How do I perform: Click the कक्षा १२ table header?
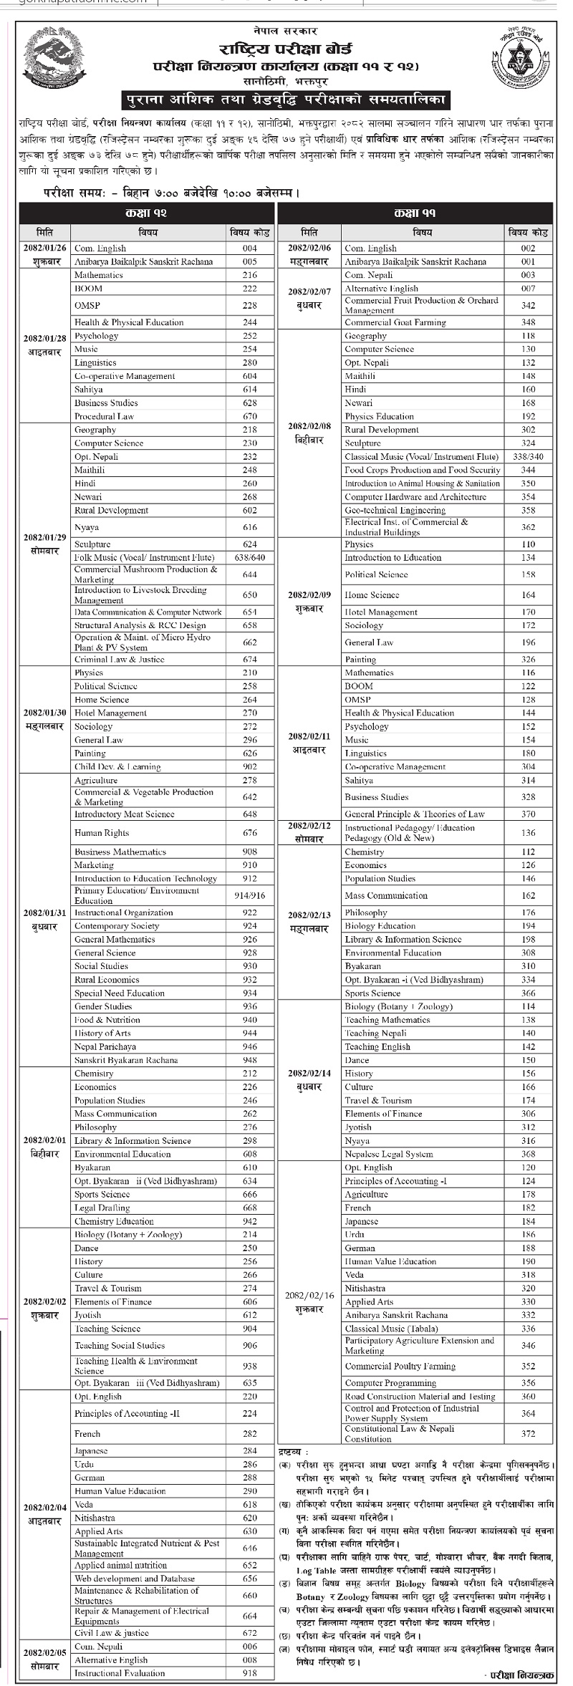click(x=146, y=213)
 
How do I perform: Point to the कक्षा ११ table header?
click(x=415, y=213)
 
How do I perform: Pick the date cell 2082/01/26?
click(x=44, y=248)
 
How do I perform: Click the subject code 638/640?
click(x=249, y=557)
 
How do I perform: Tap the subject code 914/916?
click(x=249, y=895)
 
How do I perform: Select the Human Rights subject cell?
click(x=102, y=833)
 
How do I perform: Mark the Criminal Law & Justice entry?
click(x=119, y=659)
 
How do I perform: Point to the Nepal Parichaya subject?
click(x=105, y=1046)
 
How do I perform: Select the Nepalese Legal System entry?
click(x=388, y=1154)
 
